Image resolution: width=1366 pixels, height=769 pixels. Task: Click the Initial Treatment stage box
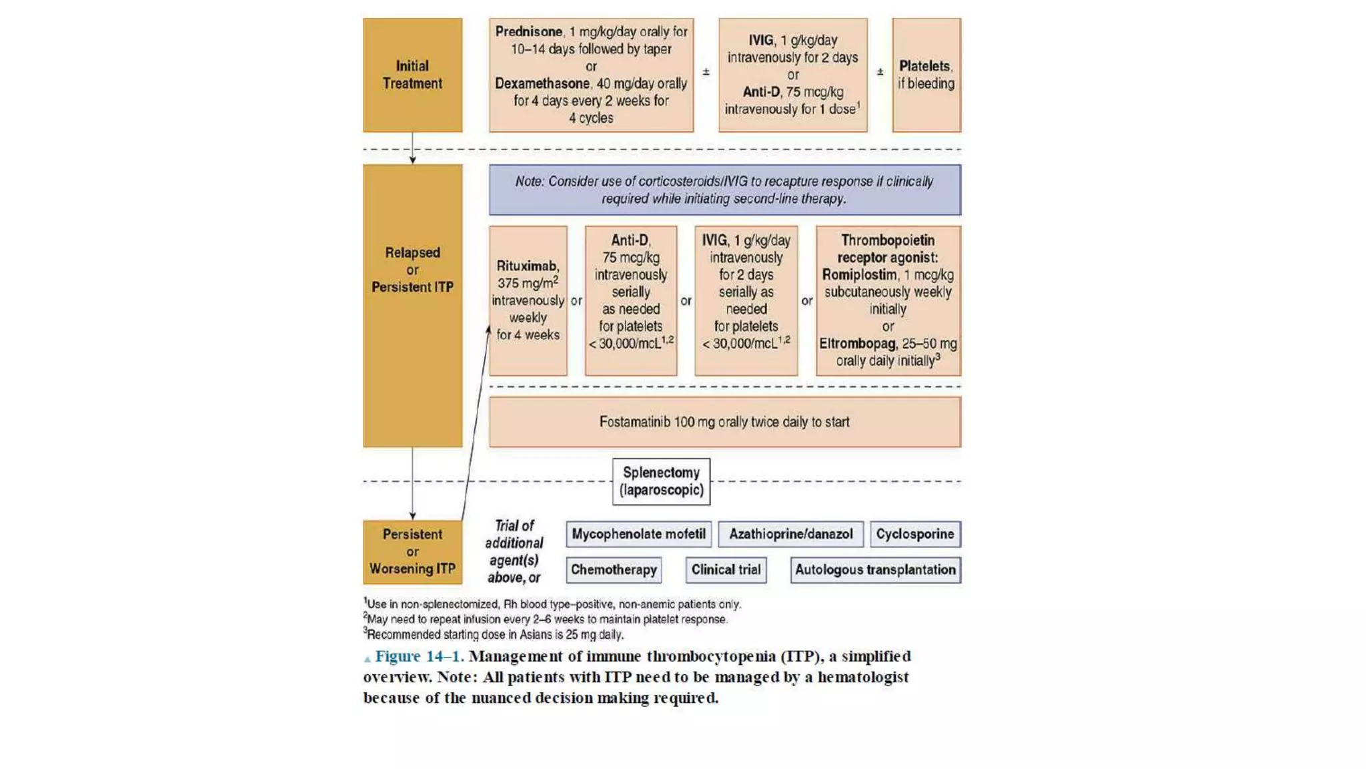pos(412,75)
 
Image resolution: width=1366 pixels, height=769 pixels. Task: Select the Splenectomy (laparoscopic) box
pos(661,481)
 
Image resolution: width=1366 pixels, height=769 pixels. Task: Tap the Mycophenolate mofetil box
pos(638,534)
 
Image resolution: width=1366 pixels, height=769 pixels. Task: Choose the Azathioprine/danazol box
pos(790,534)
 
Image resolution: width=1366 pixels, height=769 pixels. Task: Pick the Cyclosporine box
pos(914,534)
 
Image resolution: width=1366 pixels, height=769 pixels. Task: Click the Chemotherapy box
pos(614,570)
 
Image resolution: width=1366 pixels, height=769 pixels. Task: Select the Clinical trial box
pos(726,570)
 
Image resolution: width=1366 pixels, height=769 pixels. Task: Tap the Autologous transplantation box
pos(875,570)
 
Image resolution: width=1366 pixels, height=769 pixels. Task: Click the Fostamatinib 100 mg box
pos(724,422)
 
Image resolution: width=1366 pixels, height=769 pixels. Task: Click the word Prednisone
pos(528,31)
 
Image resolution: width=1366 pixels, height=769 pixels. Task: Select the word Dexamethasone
pos(542,83)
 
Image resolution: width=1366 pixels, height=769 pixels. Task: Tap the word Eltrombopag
pos(857,344)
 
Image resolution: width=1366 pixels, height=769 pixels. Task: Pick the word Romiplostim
pos(859,275)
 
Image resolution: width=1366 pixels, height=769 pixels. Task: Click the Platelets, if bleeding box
pos(926,75)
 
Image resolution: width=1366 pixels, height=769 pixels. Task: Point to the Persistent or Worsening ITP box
pos(412,552)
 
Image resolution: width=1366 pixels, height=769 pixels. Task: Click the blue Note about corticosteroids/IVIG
pos(724,190)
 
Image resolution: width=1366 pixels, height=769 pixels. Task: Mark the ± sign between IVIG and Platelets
pos(880,71)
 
